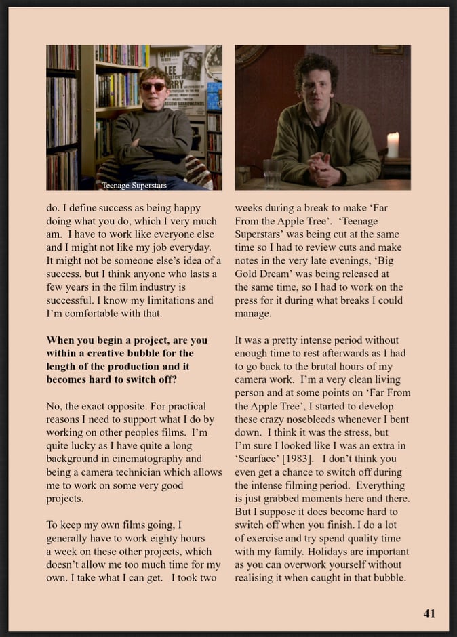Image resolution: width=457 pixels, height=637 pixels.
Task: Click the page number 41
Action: pyautogui.click(x=429, y=613)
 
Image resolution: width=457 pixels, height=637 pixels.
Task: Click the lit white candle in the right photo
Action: pyautogui.click(x=393, y=146)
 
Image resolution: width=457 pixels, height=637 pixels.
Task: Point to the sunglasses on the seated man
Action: pyautogui.click(x=153, y=86)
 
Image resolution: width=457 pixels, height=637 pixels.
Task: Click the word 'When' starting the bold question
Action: pyautogui.click(x=60, y=340)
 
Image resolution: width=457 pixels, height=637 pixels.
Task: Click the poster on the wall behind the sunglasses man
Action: pyautogui.click(x=180, y=80)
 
